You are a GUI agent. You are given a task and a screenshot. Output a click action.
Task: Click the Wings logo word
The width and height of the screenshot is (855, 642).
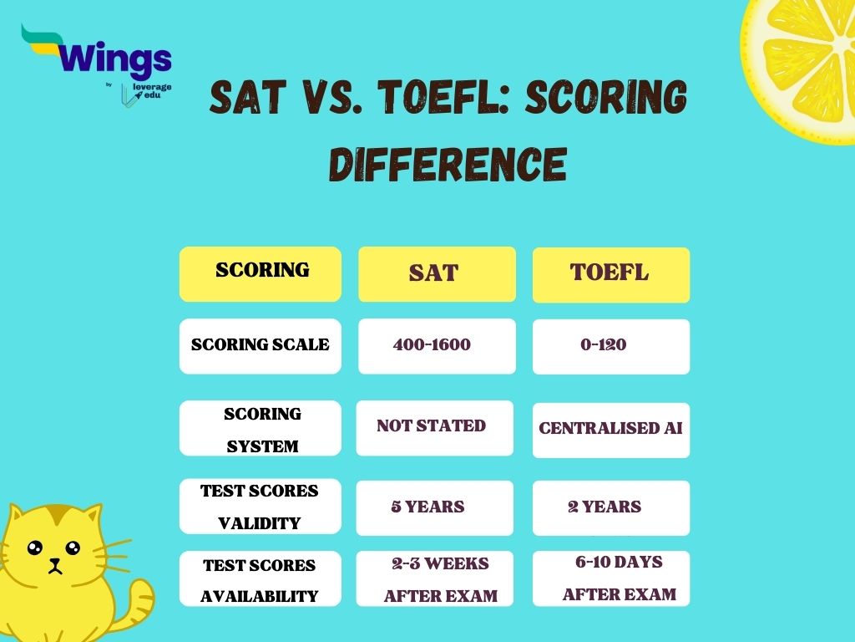[117, 59]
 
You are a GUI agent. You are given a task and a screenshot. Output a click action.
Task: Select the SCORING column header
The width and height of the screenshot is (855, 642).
[261, 273]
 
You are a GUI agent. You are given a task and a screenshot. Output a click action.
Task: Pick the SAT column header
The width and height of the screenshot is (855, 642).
[434, 274]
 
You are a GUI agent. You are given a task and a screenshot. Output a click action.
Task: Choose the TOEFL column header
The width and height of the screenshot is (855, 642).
[610, 274]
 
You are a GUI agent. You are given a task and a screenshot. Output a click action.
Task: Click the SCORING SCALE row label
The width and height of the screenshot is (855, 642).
[261, 345]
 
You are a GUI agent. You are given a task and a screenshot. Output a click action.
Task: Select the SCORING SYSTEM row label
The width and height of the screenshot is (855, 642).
[261, 429]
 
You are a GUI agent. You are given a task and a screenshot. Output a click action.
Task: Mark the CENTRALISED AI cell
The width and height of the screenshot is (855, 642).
[610, 429]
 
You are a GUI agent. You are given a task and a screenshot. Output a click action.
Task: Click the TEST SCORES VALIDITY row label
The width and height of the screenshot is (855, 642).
[261, 507]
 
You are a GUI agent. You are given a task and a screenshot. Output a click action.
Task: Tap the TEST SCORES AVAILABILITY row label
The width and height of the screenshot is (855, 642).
[261, 580]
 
